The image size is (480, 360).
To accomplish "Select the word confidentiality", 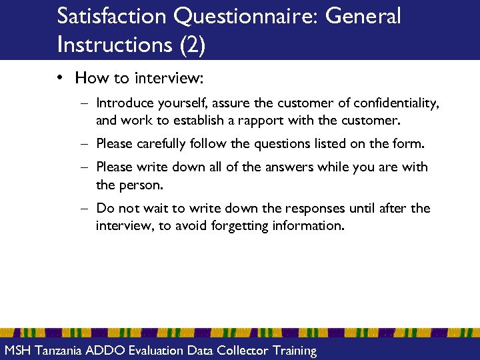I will (397, 103).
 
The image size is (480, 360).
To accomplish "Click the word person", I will (141, 184).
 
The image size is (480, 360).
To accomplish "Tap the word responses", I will (315, 208).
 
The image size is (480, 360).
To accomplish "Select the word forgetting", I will (240, 225).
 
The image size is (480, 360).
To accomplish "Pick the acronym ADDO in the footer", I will (109, 351).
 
